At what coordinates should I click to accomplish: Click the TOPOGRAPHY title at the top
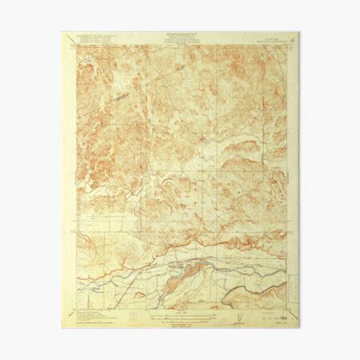[x=181, y=36]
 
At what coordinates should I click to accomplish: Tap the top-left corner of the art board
[x=62, y=33]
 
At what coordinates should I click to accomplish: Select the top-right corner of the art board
[x=299, y=33]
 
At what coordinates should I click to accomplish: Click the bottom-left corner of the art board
[x=62, y=328]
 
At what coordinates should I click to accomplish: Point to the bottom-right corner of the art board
[x=299, y=328]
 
